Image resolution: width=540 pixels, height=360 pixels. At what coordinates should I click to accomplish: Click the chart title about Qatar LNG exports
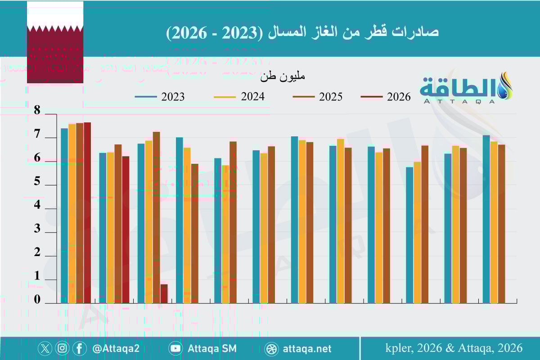click(302, 32)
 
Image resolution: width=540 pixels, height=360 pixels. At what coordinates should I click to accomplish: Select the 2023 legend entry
click(160, 97)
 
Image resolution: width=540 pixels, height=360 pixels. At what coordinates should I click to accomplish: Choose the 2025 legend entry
click(317, 97)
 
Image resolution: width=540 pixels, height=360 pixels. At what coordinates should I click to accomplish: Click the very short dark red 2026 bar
click(164, 293)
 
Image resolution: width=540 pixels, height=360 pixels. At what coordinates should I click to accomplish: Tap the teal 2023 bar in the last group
click(486, 219)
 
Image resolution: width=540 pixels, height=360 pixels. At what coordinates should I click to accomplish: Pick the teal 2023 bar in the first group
click(64, 216)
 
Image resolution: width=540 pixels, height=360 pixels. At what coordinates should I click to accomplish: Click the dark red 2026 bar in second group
click(126, 229)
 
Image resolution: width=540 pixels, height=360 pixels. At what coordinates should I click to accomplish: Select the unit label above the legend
click(283, 76)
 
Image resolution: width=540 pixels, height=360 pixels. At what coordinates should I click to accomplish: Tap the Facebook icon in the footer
click(79, 348)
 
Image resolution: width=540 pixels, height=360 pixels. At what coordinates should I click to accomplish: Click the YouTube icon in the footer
click(175, 348)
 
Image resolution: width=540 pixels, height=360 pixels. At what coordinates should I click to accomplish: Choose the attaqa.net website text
click(307, 348)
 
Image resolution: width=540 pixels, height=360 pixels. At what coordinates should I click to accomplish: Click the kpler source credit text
click(454, 348)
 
